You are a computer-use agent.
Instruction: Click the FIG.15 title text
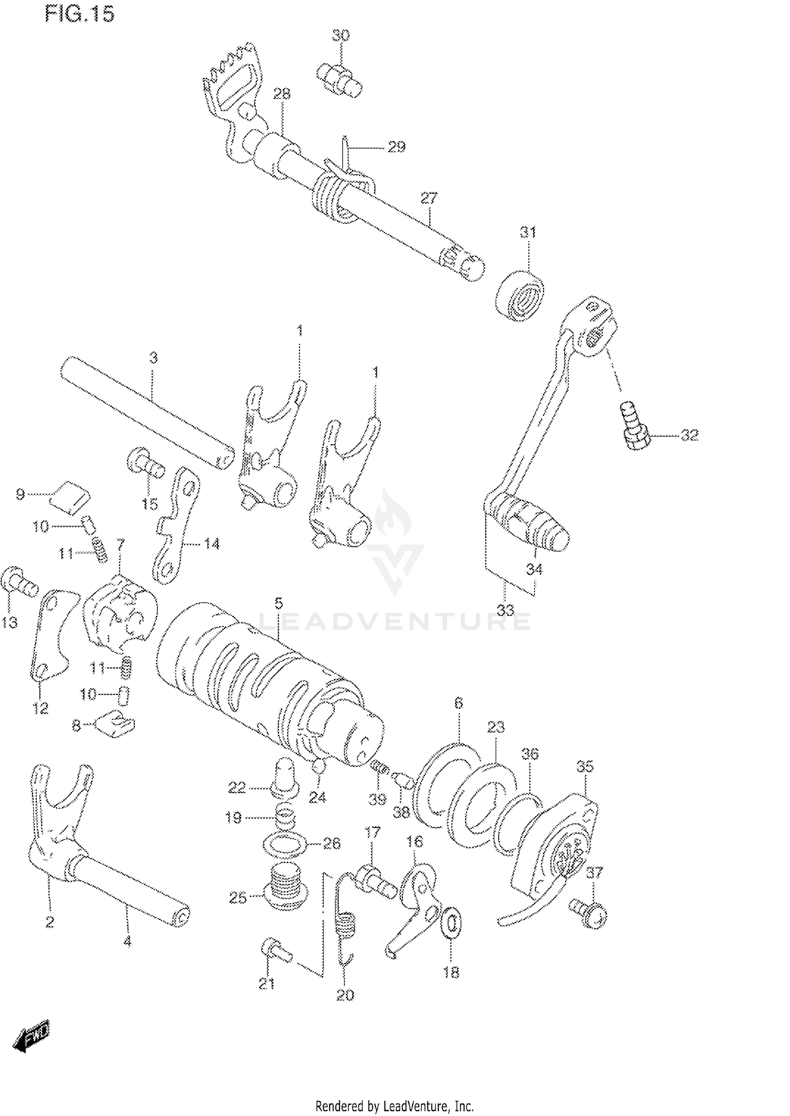80,14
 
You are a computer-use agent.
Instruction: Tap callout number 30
340,36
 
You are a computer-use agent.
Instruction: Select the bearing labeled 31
520,295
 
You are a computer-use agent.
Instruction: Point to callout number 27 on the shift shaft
429,199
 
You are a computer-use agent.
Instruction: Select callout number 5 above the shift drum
279,602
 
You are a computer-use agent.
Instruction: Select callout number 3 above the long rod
153,358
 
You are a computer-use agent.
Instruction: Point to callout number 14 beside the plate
212,544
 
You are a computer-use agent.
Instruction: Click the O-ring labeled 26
287,844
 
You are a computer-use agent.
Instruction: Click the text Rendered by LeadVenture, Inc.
394,1107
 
